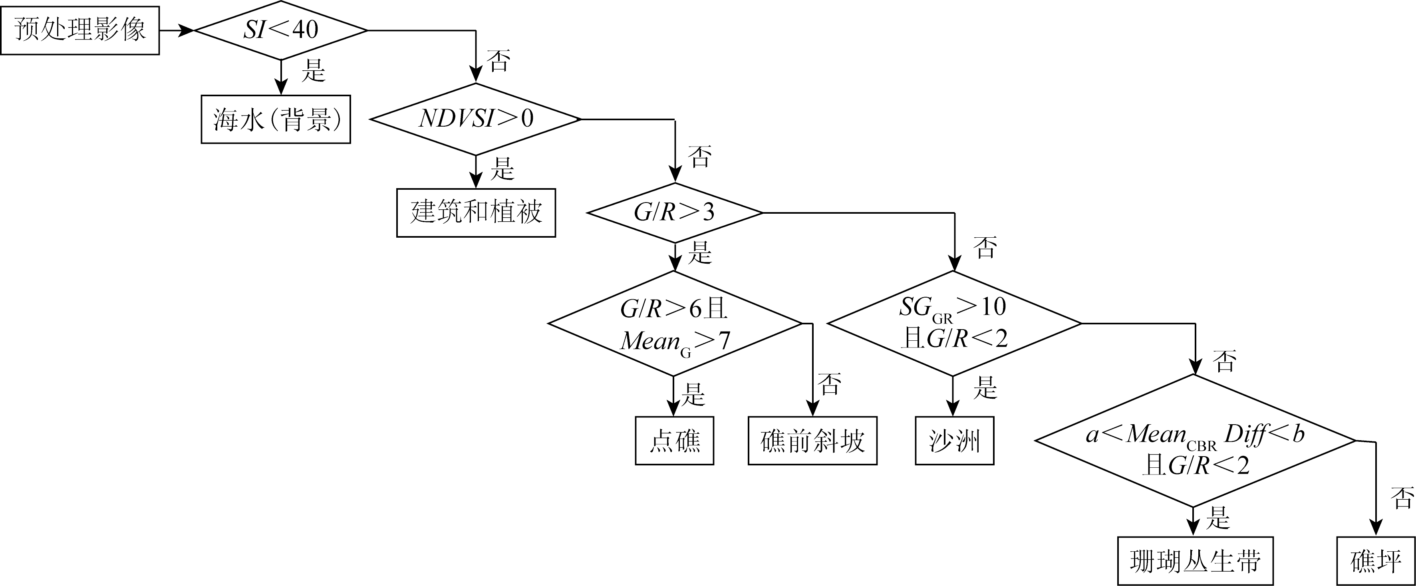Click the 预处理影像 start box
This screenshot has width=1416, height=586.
(80, 30)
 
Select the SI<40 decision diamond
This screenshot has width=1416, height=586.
(281, 30)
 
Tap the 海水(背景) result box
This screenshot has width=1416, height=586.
(275, 119)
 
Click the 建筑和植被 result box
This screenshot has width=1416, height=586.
(476, 213)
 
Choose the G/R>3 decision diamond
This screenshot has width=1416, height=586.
(675, 213)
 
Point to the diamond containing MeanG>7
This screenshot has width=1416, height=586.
(675, 324)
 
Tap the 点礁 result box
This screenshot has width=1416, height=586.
(675, 441)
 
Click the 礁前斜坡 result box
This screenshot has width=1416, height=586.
(812, 441)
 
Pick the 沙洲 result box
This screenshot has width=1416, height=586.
(954, 441)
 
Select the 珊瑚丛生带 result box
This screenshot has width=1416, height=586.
(1195, 561)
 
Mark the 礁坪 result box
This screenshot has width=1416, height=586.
(1375, 561)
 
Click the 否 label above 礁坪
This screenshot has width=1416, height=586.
(1402, 497)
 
